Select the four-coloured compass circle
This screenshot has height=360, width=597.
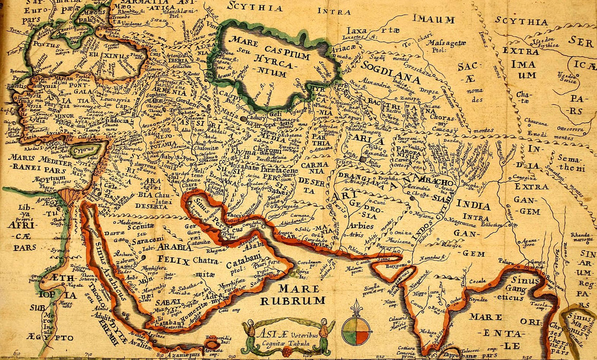click(355, 330)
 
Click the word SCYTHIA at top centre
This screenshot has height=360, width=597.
click(255, 8)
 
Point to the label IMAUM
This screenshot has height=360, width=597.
click(433, 20)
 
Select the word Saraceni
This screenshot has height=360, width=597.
click(146, 239)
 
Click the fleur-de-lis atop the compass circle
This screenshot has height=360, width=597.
click(355, 308)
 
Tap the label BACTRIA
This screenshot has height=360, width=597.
click(406, 103)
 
